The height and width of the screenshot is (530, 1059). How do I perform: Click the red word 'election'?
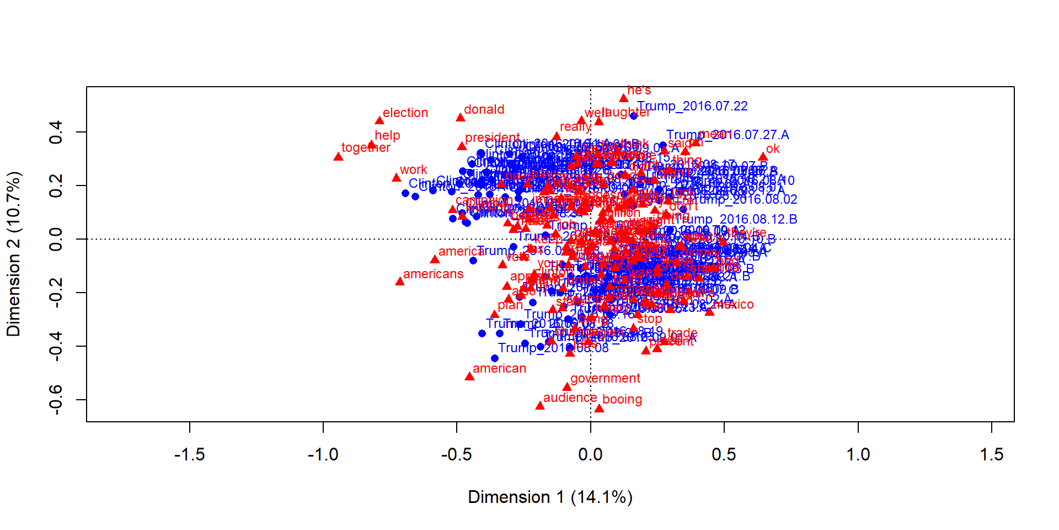[x=405, y=113]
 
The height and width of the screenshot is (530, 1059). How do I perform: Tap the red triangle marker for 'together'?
[x=338, y=157]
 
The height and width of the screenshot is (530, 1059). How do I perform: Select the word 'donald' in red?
[x=484, y=109]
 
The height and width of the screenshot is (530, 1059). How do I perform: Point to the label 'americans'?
[x=433, y=274]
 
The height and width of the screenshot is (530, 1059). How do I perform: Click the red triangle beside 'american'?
[x=469, y=377]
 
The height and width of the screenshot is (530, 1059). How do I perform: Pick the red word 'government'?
[x=605, y=378]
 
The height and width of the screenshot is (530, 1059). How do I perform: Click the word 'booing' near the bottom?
[x=622, y=399]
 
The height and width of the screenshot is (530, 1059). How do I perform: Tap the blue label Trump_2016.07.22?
[x=692, y=106]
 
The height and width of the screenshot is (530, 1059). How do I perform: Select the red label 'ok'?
[x=773, y=149]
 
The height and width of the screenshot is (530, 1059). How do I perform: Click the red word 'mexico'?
[x=733, y=304]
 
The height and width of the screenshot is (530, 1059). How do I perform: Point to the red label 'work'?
[x=413, y=169]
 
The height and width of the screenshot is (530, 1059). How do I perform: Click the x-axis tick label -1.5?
[x=189, y=454]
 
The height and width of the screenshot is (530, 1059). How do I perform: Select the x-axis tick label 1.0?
[x=858, y=454]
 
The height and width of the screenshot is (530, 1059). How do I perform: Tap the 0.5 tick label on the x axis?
[x=724, y=454]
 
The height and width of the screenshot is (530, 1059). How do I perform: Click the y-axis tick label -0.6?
[x=55, y=399]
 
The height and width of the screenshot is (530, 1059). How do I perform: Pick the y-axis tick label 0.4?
[x=55, y=132]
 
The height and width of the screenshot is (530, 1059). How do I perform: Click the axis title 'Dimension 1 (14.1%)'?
[x=550, y=497]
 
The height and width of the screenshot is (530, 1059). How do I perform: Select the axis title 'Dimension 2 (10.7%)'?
[x=13, y=254]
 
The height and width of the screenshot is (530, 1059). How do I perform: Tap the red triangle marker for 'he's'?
[x=624, y=98]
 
